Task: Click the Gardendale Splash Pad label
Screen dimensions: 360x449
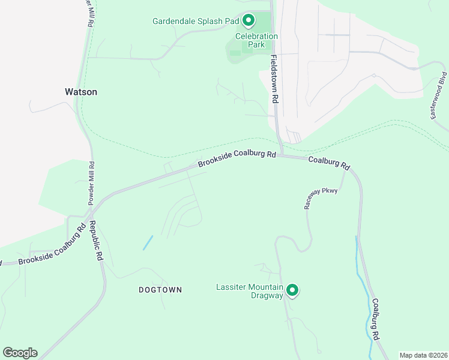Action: click(x=196, y=21)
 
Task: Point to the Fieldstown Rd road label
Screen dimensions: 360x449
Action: click(x=274, y=79)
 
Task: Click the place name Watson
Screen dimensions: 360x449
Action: click(x=80, y=92)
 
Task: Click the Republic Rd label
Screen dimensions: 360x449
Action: click(x=96, y=240)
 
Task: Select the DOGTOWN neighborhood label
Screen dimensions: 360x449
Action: click(x=160, y=290)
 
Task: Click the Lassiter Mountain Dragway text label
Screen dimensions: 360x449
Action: click(x=249, y=291)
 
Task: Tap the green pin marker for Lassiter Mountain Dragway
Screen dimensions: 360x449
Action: click(x=292, y=290)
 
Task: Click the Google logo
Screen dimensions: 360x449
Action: click(x=20, y=353)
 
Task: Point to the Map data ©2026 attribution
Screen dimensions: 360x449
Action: click(x=423, y=355)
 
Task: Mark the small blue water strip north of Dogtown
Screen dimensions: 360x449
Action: click(x=148, y=242)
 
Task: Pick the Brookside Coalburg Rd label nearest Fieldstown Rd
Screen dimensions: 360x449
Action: click(x=237, y=159)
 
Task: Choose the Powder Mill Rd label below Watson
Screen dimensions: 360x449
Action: click(x=92, y=184)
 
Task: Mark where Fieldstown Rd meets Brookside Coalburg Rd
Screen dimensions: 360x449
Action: click(x=280, y=155)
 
